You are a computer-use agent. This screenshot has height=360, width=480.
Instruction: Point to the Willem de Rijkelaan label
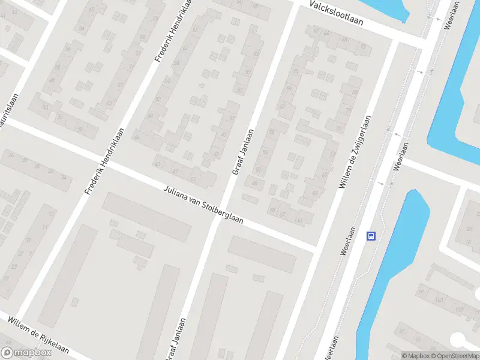38,335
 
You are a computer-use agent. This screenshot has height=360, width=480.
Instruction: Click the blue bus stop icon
371,236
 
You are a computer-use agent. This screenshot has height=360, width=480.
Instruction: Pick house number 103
439,299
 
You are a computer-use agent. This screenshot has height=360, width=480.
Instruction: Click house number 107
459,310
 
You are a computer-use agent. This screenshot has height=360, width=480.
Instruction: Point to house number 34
64,178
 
